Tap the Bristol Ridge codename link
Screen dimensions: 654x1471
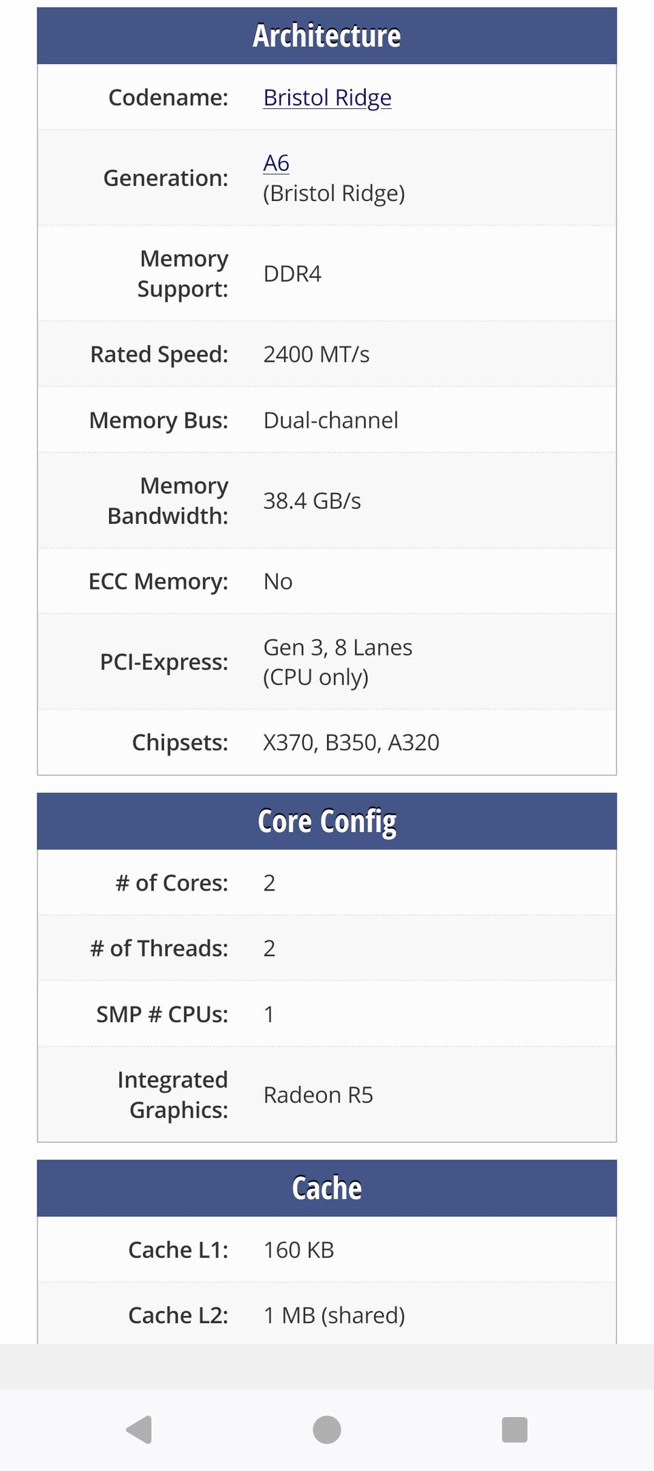coord(327,98)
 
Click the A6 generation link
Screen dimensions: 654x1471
coord(276,163)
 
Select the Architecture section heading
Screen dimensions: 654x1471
coord(327,35)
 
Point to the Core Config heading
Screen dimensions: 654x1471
coord(327,821)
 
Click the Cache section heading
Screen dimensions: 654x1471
coord(327,1188)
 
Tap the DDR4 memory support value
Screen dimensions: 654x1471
coord(292,274)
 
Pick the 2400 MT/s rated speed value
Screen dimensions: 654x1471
coord(316,354)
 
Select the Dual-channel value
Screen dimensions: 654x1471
coord(330,420)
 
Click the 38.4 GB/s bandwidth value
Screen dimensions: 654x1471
coord(312,501)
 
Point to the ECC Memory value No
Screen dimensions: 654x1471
coord(278,581)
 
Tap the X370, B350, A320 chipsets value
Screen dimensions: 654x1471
coord(352,742)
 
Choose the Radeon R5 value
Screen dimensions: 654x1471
coord(318,1095)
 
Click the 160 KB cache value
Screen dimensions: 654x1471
coord(299,1250)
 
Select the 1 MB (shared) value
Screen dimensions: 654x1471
coord(334,1315)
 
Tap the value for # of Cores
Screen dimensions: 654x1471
coord(269,883)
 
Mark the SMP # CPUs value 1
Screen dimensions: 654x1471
coord(269,1015)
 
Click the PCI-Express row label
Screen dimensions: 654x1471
coord(164,662)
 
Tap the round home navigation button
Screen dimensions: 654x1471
coord(327,1429)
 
